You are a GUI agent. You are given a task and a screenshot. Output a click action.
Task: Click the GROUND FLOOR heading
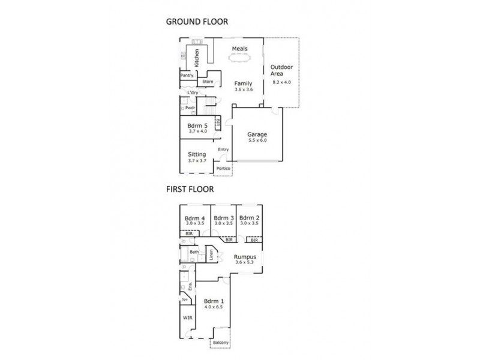pos(197,22)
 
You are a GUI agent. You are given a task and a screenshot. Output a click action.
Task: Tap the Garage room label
pos(257,135)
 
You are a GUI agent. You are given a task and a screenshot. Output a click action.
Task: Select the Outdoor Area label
pos(281,70)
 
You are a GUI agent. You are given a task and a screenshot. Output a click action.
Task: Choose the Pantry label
pos(187,76)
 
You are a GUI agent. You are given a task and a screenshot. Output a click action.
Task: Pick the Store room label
pos(208,82)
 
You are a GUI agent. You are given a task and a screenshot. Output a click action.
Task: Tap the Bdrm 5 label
pos(197,125)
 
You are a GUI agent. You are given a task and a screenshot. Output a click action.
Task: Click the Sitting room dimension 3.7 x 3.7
pos(197,161)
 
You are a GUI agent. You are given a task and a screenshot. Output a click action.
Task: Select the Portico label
pos(223,169)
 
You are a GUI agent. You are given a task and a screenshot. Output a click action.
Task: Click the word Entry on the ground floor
pos(223,149)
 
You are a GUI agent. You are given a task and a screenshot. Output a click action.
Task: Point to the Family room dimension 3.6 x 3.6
pos(243,90)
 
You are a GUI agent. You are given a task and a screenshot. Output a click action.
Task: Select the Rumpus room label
pos(245,257)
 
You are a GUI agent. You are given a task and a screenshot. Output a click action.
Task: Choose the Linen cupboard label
pos(211,254)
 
